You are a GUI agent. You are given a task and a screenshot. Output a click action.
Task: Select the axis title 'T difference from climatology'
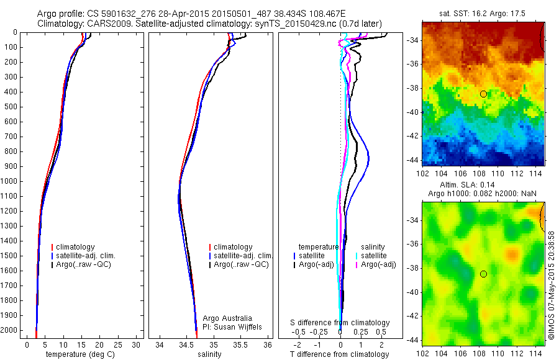(x=340, y=354)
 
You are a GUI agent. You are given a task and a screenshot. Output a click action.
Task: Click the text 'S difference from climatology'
(x=340, y=323)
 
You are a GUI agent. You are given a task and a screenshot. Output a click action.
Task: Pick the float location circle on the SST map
(x=483, y=94)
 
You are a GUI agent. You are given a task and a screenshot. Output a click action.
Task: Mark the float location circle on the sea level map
(x=483, y=274)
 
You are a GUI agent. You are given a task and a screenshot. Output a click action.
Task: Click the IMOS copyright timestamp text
(x=551, y=285)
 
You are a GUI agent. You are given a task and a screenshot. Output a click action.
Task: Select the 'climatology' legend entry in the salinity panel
(x=233, y=247)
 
